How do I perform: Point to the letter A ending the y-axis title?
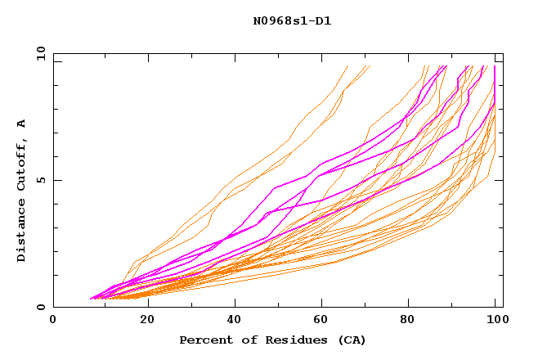(21, 124)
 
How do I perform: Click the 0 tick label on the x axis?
(54, 322)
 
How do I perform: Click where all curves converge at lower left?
(91, 299)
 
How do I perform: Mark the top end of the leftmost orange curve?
(347, 66)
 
